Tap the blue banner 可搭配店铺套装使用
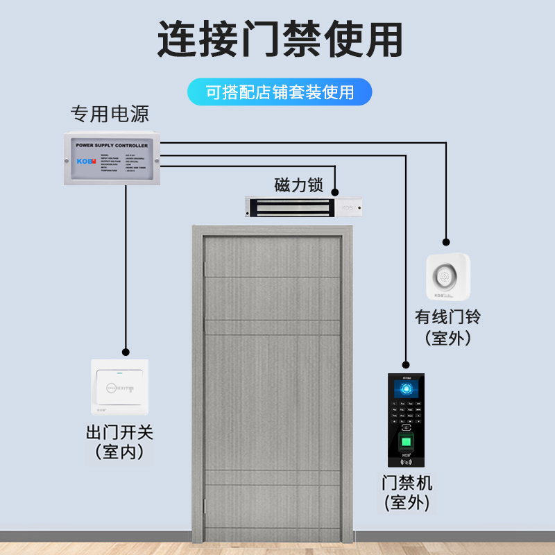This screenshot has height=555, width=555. tap(279, 92)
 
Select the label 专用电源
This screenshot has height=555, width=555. tap(110, 113)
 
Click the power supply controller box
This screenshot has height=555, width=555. tap(112, 158)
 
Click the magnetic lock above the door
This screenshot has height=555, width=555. tap(305, 207)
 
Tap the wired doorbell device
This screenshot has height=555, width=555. tap(448, 277)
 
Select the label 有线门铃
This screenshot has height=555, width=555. tap(448, 317)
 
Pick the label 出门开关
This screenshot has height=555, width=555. tap(119, 434)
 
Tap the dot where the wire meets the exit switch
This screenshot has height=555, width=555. tap(126, 352)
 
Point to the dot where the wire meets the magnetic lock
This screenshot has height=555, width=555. tap(335, 191)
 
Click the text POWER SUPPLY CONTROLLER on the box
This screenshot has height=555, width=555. tap(111, 146)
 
